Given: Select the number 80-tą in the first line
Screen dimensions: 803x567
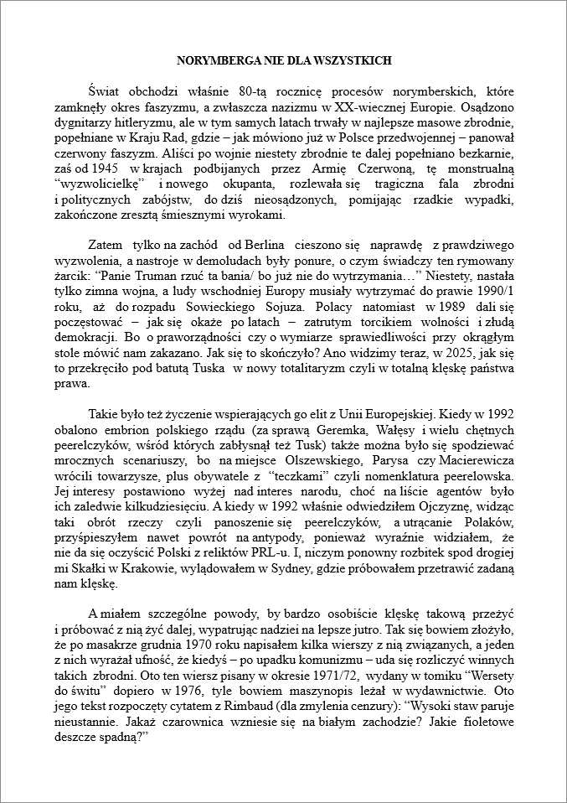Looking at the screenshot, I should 255,91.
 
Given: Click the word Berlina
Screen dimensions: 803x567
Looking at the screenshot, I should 266,244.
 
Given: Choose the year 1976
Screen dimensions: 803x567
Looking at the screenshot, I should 188,688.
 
